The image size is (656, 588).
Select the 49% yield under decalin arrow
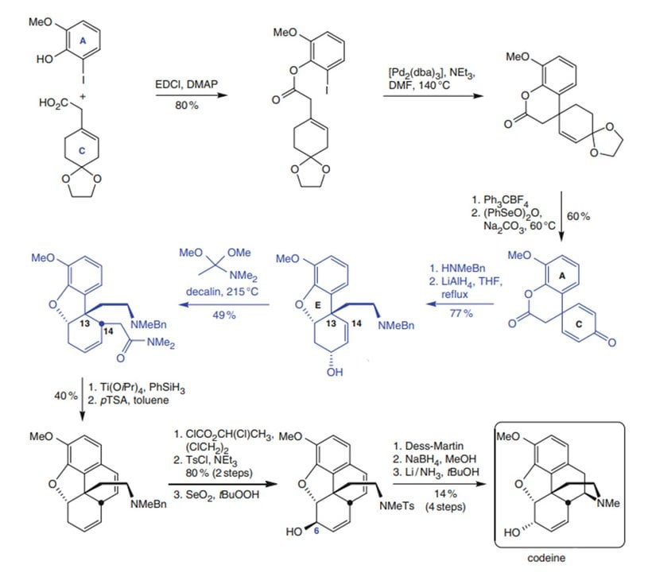click(x=223, y=314)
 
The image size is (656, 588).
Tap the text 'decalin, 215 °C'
click(x=222, y=292)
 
